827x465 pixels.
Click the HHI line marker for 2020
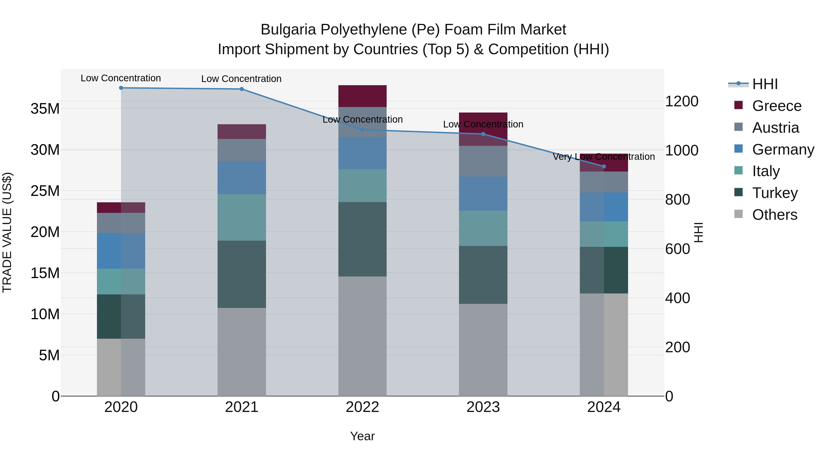pos(121,88)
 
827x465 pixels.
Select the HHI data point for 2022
pos(363,130)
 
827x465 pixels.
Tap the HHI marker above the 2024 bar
pos(604,166)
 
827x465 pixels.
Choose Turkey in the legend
pos(775,193)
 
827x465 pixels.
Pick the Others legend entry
pos(774,215)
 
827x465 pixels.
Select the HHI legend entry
pos(765,84)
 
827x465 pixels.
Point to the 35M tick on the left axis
pos(45,109)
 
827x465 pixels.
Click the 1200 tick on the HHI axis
pos(682,101)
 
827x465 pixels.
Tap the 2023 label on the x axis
pos(483,407)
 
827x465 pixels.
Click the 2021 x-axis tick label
pos(242,407)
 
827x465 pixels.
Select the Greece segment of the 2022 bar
pos(363,96)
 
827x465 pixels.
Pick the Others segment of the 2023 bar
pos(483,350)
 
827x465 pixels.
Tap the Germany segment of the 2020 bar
pos(121,251)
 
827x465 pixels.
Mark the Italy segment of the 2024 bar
pos(604,234)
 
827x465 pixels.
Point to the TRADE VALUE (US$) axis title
pos(7,232)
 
